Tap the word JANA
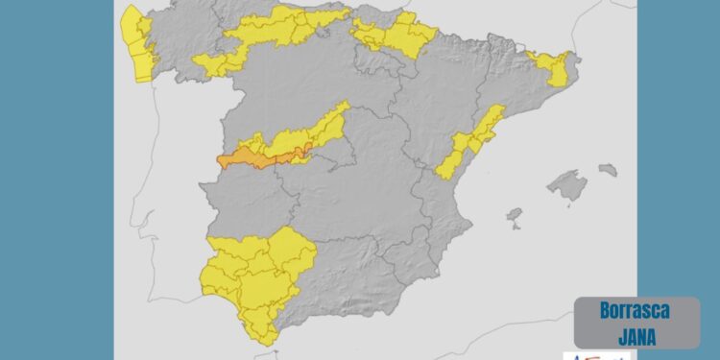(636, 334)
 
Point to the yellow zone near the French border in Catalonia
(552, 67)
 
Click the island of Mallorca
(567, 185)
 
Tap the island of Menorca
(608, 170)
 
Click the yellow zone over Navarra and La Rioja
(398, 36)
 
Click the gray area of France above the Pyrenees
(499, 19)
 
